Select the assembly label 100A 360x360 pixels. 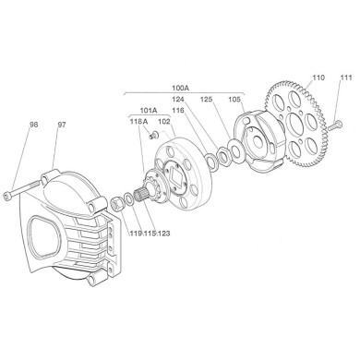181,90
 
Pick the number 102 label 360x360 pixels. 164,121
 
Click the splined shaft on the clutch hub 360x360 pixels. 146,197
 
